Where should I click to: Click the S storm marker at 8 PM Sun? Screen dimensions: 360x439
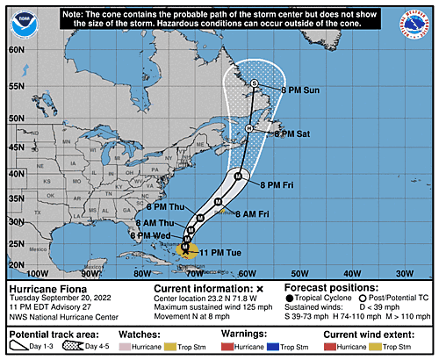(254, 83)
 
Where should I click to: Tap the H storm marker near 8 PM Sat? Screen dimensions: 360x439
(249, 129)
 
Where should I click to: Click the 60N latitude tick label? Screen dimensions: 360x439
(14, 50)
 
